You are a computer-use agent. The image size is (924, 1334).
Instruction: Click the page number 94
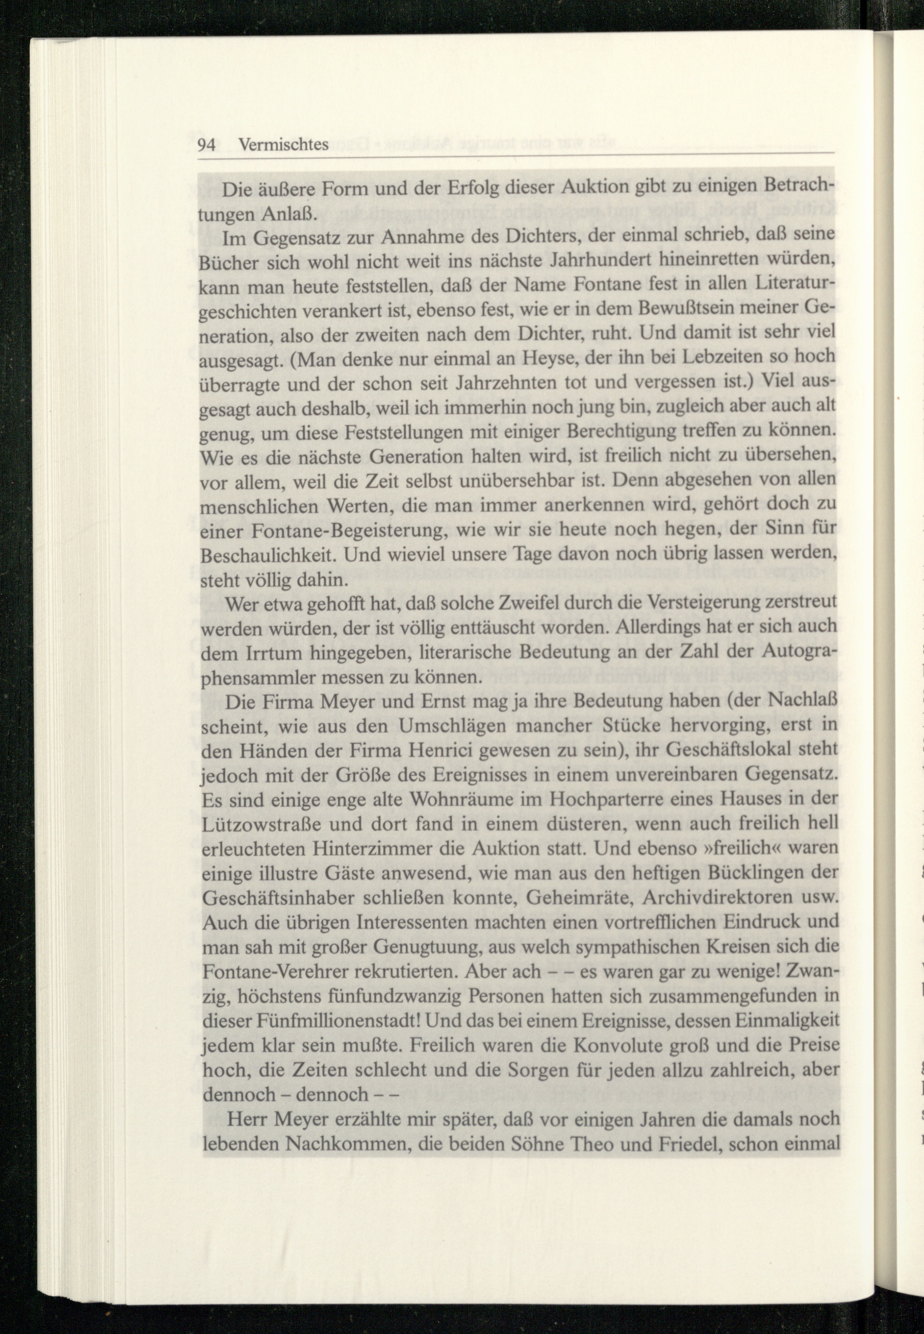click(207, 145)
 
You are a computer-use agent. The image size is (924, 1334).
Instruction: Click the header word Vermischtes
click(284, 145)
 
